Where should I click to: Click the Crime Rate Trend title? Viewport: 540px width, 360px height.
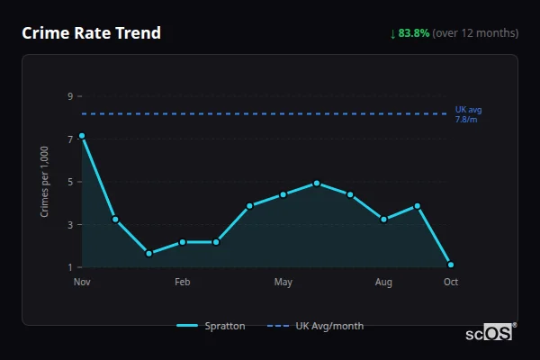tap(92, 33)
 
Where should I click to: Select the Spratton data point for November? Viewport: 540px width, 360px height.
tap(82, 136)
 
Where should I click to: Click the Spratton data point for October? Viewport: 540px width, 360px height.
tap(451, 265)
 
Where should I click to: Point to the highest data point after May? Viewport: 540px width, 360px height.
tap(317, 184)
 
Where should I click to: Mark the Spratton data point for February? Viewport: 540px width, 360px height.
tap(183, 242)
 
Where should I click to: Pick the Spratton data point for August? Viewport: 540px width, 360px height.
tap(384, 220)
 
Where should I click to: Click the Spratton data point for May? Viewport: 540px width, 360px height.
tap(283, 194)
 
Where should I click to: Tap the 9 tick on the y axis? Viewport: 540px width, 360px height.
tap(69, 96)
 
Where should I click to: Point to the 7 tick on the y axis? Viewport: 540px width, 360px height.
tap(69, 139)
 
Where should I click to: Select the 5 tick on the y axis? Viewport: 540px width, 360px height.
tap(69, 182)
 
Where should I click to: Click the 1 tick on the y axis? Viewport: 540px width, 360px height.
tap(69, 267)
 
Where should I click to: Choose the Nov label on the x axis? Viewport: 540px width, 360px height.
tap(82, 283)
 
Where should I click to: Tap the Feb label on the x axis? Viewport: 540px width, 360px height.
tap(183, 283)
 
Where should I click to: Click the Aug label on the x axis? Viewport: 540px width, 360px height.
tap(384, 283)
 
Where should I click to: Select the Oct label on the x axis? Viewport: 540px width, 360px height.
tap(451, 283)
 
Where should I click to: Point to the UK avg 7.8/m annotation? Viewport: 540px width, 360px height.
tap(468, 114)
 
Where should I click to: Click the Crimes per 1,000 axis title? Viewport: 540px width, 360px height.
tap(44, 182)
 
